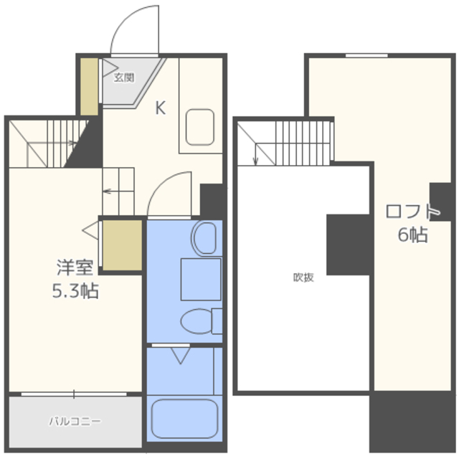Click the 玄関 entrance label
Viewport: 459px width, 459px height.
tap(124, 77)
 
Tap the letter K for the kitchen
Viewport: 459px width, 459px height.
tap(161, 108)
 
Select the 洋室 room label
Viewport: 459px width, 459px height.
tap(75, 268)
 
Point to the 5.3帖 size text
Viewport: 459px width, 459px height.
tap(75, 290)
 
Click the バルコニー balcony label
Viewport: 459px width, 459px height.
tap(75, 421)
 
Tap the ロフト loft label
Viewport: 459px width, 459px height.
tap(413, 212)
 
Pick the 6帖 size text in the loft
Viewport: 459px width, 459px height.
tap(413, 235)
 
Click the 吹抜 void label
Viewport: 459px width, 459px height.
tap(303, 278)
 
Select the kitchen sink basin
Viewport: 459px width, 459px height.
tap(200, 127)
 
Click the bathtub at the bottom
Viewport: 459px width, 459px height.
tap(185, 419)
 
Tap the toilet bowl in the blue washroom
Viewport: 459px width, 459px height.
tap(196, 321)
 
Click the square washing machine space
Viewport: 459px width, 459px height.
tap(201, 279)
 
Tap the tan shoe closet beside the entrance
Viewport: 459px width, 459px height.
tap(89, 87)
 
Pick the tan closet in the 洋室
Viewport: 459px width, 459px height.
tap(123, 245)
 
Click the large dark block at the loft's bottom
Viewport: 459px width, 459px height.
tap(412, 422)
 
